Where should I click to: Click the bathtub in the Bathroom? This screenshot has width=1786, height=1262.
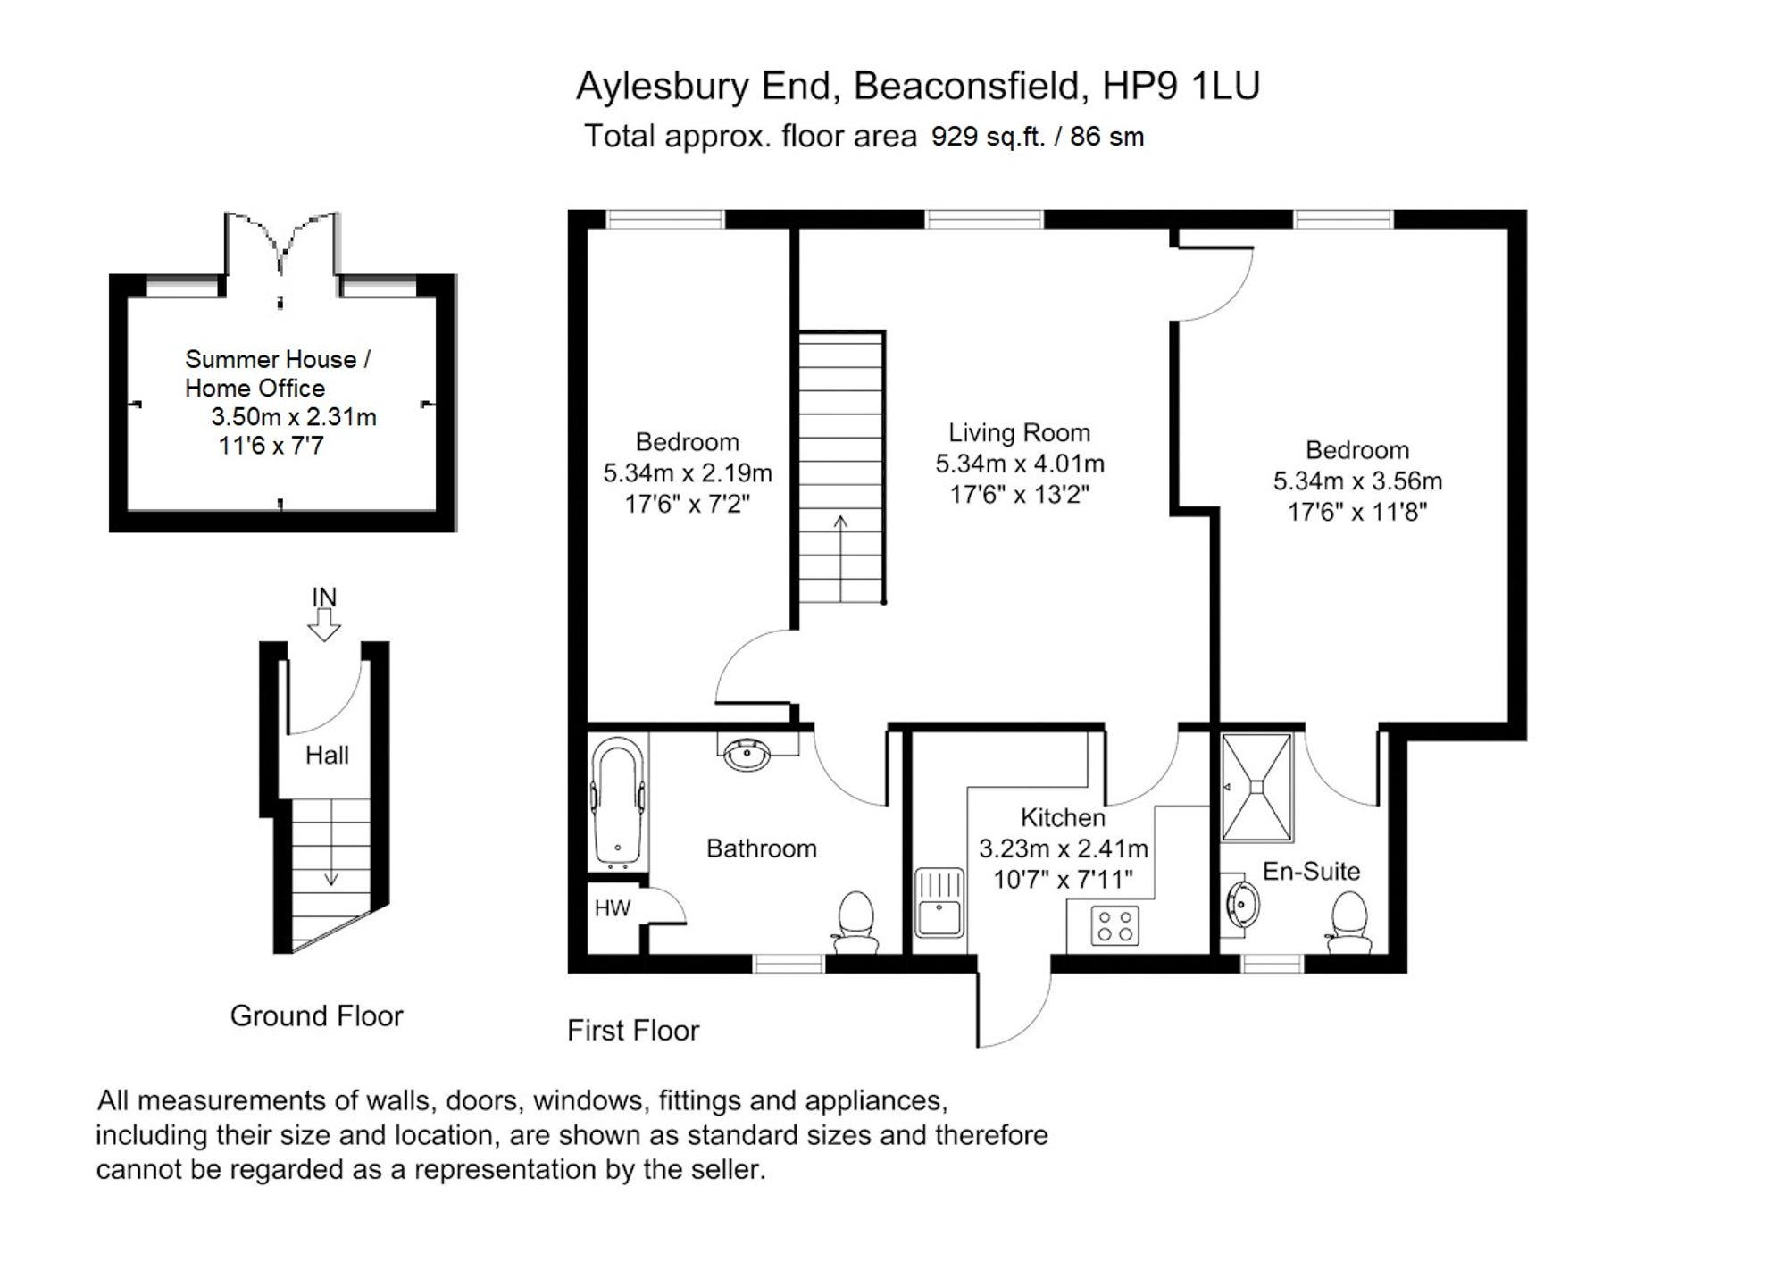click(x=617, y=801)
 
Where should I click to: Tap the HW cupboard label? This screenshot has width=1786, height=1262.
click(x=613, y=909)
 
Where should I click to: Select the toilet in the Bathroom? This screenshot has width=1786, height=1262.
click(x=855, y=923)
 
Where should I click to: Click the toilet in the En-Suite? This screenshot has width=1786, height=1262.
click(x=1348, y=924)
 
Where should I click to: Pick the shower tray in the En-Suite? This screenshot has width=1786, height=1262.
click(x=1256, y=787)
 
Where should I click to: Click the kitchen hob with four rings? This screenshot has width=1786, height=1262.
click(x=1115, y=925)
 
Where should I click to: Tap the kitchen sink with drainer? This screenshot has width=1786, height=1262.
click(x=939, y=902)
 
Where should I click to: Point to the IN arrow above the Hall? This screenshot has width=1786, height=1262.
click(x=324, y=623)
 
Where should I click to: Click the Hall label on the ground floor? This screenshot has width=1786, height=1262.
click(x=327, y=756)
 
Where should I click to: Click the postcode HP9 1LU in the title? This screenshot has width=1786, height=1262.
click(x=1181, y=86)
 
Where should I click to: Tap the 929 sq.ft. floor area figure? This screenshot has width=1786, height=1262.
click(x=988, y=137)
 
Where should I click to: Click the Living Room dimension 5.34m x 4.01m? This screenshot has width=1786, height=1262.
click(x=1020, y=464)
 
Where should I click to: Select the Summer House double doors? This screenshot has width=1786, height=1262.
click(x=281, y=244)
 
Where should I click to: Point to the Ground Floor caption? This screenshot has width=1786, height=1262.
click(x=316, y=1015)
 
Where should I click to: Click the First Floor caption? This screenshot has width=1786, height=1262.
click(x=632, y=1031)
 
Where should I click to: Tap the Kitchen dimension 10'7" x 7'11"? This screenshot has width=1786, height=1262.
click(x=1063, y=880)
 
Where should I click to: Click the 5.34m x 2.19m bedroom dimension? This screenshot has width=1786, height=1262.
click(x=687, y=473)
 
